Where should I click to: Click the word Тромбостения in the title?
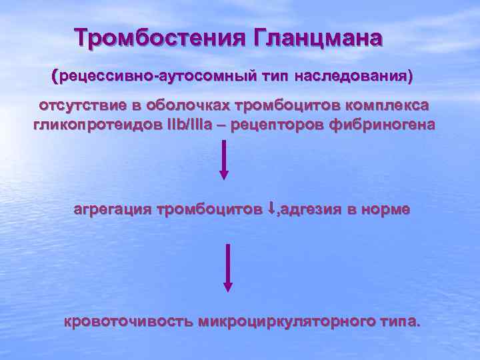(159, 38)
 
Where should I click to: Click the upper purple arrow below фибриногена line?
(224, 159)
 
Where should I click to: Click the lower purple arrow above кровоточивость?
(228, 267)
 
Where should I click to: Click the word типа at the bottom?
(399, 321)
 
